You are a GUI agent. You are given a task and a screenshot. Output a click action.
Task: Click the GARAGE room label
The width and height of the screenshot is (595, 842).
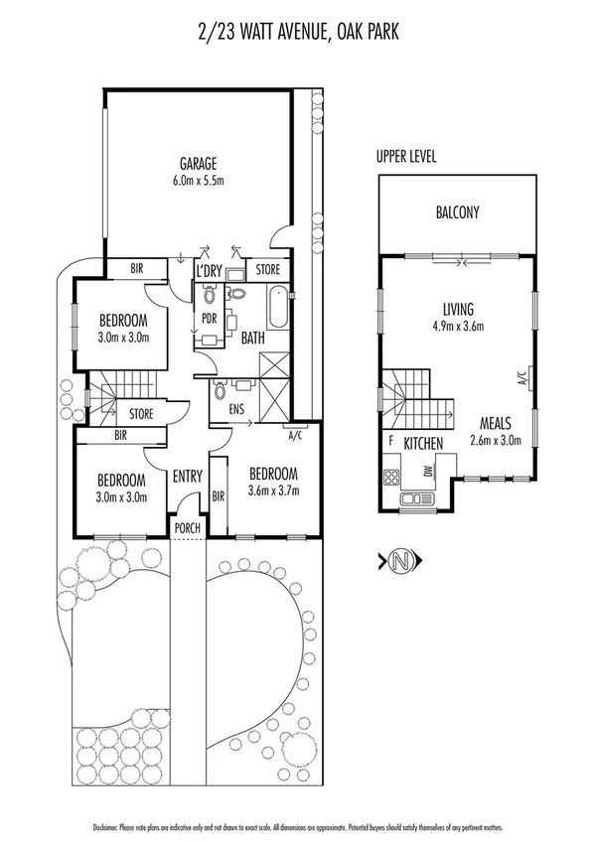coord(198,164)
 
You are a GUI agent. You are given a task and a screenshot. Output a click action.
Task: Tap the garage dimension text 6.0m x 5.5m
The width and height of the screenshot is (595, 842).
coord(198,181)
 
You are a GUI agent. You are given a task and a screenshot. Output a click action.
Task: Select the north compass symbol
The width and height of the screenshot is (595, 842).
coord(401,562)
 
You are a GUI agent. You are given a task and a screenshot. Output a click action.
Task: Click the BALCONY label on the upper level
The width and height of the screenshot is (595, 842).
coord(457,211)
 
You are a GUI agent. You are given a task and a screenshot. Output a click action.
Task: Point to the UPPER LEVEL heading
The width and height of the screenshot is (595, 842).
coord(406,157)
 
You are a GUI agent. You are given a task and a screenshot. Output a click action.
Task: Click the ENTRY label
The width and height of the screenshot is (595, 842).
coord(188,478)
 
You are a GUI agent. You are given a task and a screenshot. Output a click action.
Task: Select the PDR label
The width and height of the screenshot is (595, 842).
coord(209,319)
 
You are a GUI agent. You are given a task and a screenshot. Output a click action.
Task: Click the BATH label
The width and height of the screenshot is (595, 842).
coord(253,339)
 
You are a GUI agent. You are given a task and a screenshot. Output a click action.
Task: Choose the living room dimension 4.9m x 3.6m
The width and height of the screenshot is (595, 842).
coord(458,326)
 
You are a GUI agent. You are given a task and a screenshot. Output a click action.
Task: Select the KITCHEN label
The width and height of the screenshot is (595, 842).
coord(421,442)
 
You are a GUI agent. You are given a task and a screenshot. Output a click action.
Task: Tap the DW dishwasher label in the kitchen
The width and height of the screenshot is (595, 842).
coord(429,473)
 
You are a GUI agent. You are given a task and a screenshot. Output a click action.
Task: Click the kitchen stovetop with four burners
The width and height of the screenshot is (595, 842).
coord(389,476)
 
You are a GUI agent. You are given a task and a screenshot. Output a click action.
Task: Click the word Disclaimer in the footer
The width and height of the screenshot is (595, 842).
coord(105,827)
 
